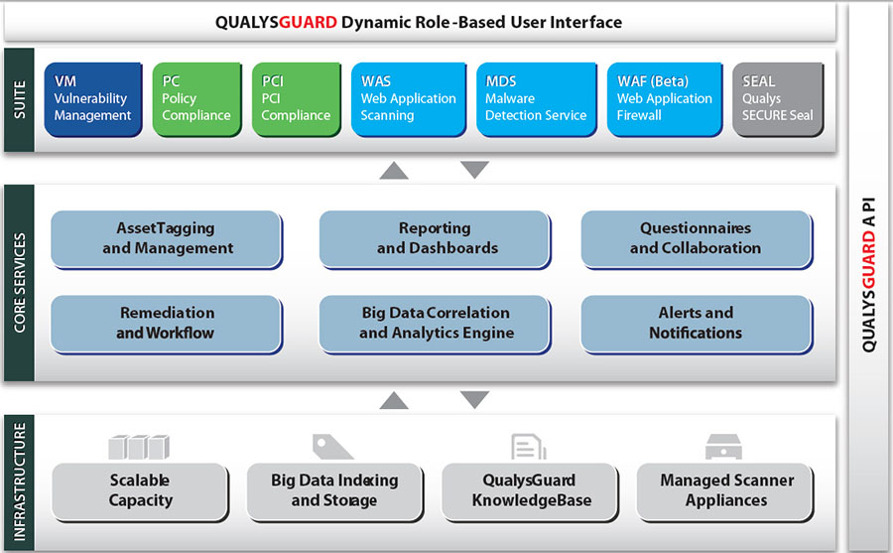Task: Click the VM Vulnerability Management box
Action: tap(92, 98)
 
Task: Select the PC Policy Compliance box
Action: tap(196, 98)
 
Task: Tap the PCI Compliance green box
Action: tap(295, 98)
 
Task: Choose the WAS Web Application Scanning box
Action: tap(407, 98)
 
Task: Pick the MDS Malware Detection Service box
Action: tap(536, 98)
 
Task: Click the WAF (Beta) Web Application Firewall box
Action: tap(664, 98)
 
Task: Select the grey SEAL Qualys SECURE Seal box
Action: tap(778, 98)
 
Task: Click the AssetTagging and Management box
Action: tap(167, 238)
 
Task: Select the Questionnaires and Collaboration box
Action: tap(696, 238)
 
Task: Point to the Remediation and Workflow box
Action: tap(167, 323)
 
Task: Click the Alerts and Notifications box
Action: tap(696, 323)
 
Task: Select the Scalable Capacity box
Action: tap(140, 490)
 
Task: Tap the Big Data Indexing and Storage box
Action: tap(334, 490)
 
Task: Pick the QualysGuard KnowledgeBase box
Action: tap(529, 490)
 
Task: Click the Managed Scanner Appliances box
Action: tap(726, 490)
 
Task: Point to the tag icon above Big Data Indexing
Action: tap(332, 446)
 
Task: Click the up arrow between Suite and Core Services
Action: tap(394, 170)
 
